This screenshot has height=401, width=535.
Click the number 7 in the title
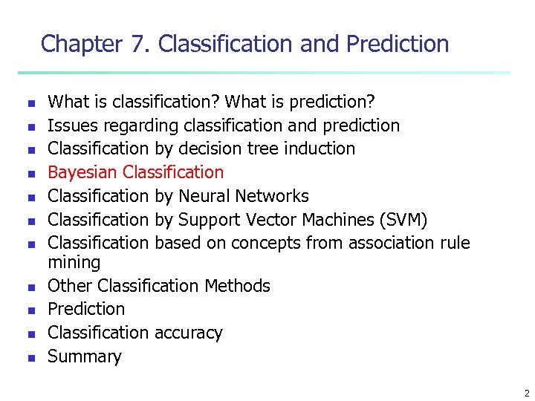[138, 44]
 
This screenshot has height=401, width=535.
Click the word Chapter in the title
[81, 44]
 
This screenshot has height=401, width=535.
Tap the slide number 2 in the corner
[526, 393]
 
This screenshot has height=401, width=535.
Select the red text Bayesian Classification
[135, 172]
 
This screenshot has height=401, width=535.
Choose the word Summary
[84, 356]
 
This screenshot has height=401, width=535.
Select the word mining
[74, 262]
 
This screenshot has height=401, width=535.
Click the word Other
[70, 286]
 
